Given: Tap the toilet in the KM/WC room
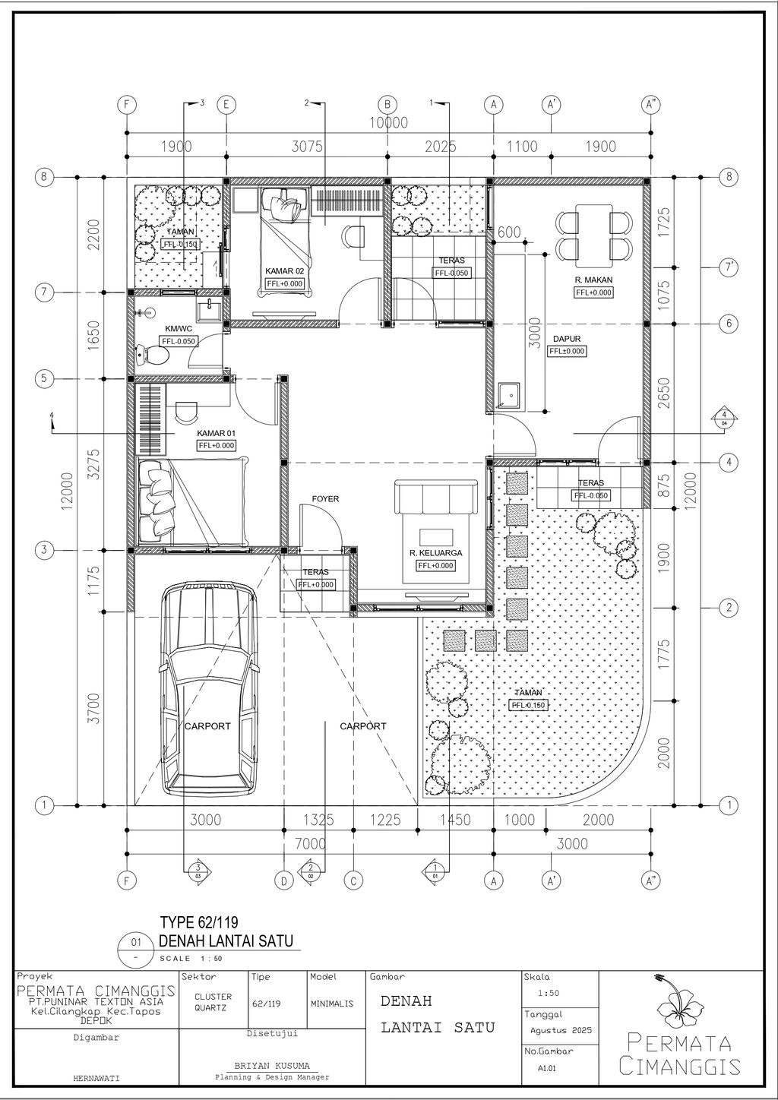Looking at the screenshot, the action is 153,355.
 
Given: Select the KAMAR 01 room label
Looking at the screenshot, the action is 216,433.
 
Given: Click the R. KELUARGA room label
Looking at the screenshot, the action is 435,553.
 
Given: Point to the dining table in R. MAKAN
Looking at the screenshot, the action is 594,232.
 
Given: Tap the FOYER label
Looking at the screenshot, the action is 325,499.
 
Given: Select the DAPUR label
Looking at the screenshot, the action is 567,339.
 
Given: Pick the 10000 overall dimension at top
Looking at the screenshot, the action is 388,122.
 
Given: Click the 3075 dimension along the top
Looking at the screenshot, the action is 307,147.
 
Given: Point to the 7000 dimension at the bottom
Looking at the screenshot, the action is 311,844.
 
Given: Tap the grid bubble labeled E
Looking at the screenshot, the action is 226,105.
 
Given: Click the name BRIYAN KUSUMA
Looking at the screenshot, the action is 272,1066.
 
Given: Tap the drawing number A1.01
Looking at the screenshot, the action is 547,1068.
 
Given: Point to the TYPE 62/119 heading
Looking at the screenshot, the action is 199,921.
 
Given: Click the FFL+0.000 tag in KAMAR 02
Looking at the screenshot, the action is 285,283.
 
